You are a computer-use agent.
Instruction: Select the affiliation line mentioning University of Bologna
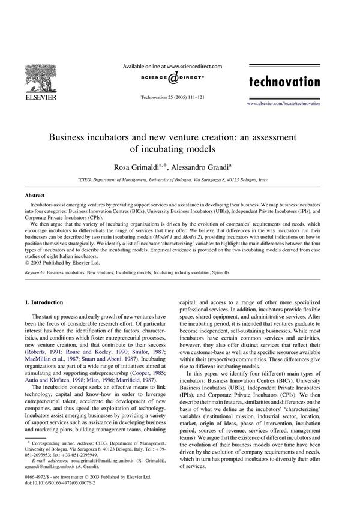point(180,179)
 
